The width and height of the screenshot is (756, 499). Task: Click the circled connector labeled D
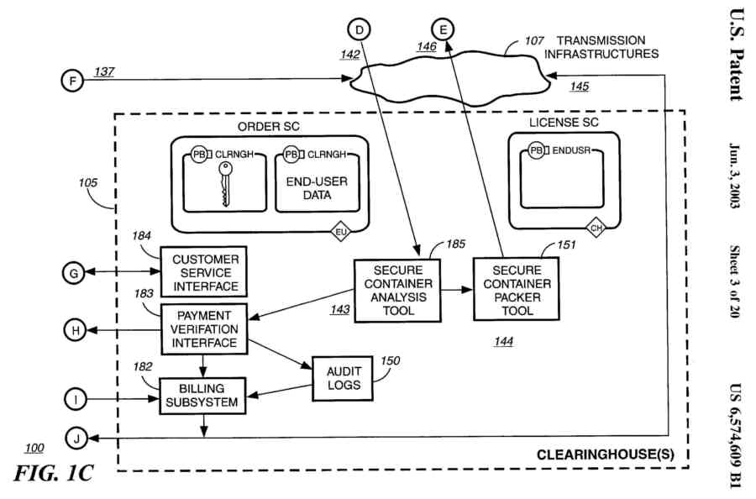coord(360,29)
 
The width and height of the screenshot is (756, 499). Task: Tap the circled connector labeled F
coord(73,81)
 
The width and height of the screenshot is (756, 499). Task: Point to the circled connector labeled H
coord(73,331)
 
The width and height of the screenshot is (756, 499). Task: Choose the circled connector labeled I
coord(73,400)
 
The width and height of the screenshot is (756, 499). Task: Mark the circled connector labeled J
coord(73,439)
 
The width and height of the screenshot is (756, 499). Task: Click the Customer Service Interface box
coord(206,272)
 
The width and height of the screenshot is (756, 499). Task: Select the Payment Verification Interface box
coord(206,328)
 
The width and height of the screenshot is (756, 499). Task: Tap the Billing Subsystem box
coord(206,395)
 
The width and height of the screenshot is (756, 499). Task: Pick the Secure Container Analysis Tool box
coord(397,289)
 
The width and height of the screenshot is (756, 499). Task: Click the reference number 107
coord(534,40)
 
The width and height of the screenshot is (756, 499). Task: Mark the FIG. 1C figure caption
coord(53,473)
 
